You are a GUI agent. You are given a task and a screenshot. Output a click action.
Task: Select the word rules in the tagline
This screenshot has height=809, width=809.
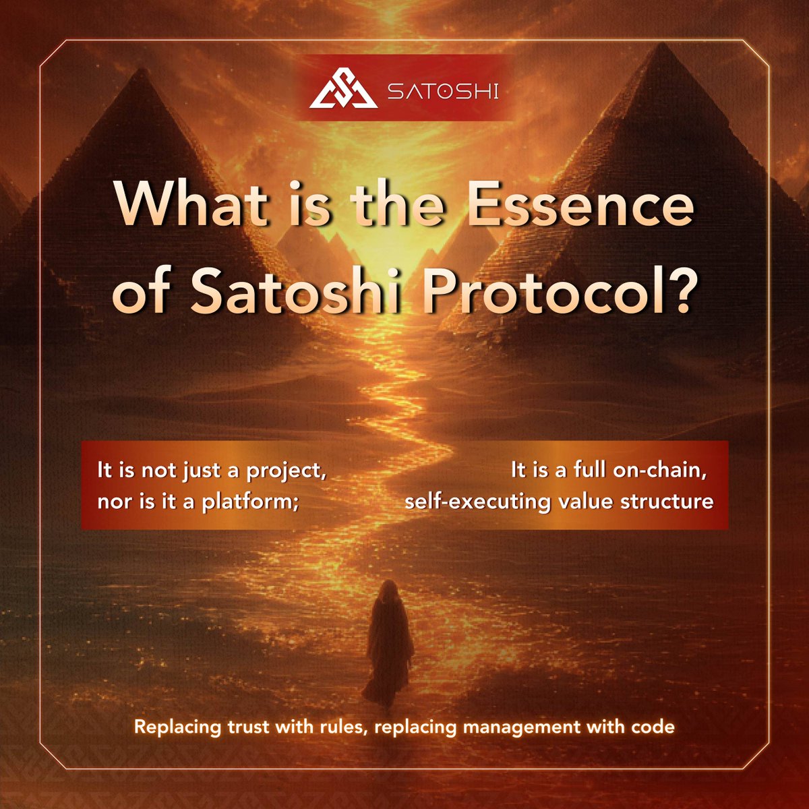[338, 727]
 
